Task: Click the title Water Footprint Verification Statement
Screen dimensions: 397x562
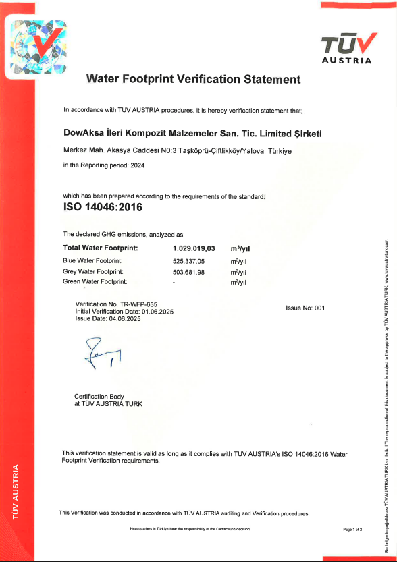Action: tap(194, 79)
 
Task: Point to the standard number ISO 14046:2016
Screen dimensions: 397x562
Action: tap(102, 207)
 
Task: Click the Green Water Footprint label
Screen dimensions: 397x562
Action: tap(95, 282)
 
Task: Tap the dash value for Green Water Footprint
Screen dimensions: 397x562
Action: tap(174, 282)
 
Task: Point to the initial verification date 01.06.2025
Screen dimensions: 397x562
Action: tap(155, 312)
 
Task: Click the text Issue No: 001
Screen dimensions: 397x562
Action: tap(305, 308)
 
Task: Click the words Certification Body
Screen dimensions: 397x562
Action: tap(99, 396)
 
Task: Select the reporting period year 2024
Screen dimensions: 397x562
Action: tap(137, 165)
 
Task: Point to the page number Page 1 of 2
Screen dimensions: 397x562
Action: tap(352, 529)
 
